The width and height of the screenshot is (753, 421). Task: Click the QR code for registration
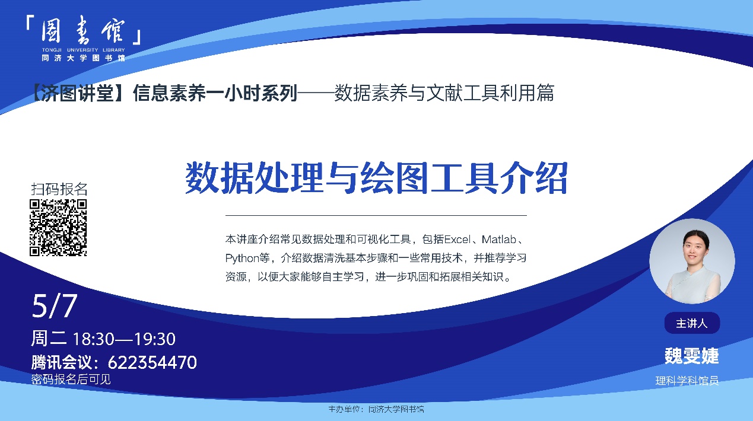pyautogui.click(x=58, y=228)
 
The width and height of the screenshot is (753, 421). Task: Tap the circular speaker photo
pyautogui.click(x=692, y=261)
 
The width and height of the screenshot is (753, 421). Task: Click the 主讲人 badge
pyautogui.click(x=692, y=323)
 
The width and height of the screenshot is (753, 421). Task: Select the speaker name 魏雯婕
pyautogui.click(x=691, y=356)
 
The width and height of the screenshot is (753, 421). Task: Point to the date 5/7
pyautogui.click(x=55, y=306)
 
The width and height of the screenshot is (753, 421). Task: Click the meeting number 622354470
pyautogui.click(x=152, y=362)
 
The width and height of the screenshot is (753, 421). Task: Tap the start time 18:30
pyautogui.click(x=93, y=339)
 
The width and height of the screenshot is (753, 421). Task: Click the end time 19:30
pyautogui.click(x=155, y=339)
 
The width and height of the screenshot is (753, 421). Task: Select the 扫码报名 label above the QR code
pyautogui.click(x=59, y=189)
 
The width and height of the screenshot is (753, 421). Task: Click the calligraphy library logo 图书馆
pyautogui.click(x=83, y=30)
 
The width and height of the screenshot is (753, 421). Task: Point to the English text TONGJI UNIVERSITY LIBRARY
pyautogui.click(x=83, y=50)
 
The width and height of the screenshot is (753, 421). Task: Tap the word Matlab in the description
pyautogui.click(x=499, y=239)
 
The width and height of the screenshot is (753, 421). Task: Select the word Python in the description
pyautogui.click(x=242, y=259)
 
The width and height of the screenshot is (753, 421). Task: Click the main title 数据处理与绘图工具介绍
pyautogui.click(x=376, y=178)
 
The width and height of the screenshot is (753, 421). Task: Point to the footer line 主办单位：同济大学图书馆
pyautogui.click(x=376, y=409)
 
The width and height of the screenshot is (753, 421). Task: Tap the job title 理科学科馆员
pyautogui.click(x=687, y=380)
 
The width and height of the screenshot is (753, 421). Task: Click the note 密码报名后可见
pyautogui.click(x=71, y=379)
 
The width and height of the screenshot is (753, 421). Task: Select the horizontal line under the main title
pyautogui.click(x=376, y=215)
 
